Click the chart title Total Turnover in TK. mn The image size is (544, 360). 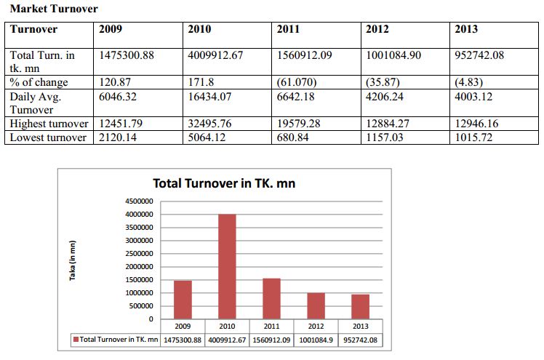click(x=224, y=183)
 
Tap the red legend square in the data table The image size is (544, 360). click(x=74, y=339)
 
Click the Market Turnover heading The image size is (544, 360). click(x=54, y=9)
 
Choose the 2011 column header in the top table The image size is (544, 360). click(x=289, y=30)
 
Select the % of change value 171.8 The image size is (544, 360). click(x=201, y=82)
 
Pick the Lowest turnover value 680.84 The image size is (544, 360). click(x=295, y=137)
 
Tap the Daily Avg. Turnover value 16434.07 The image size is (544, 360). click(x=212, y=96)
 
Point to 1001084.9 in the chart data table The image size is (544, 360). click(x=316, y=339)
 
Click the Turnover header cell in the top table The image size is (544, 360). click(x=33, y=30)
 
